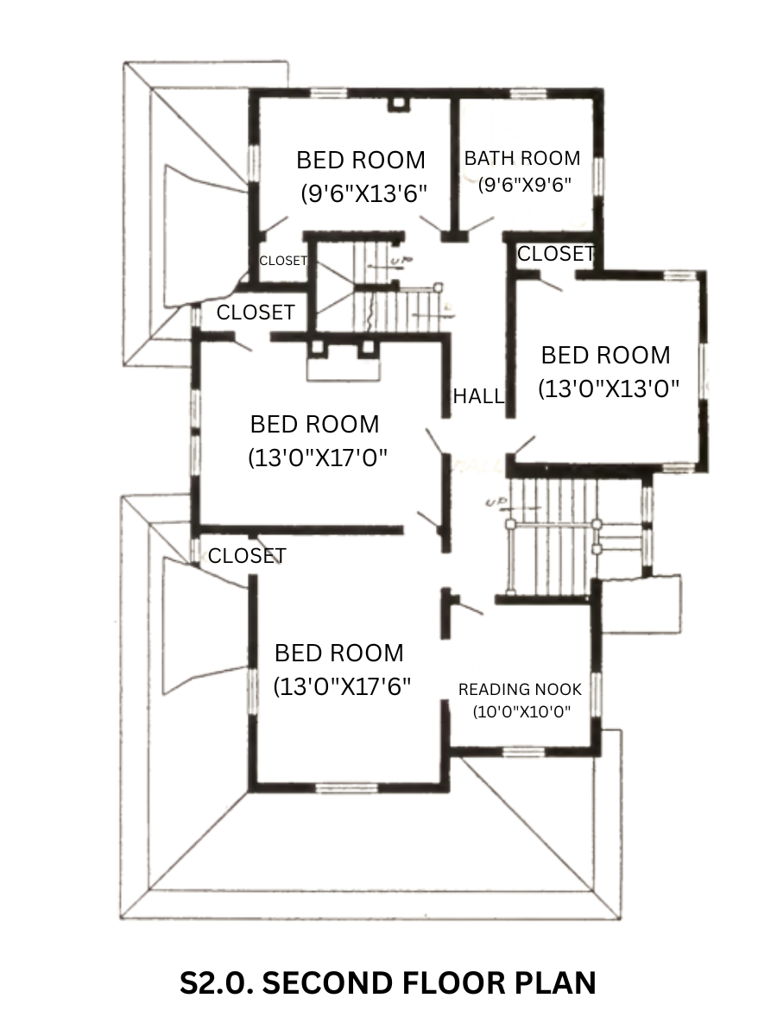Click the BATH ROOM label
pyautogui.click(x=522, y=159)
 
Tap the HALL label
pyautogui.click(x=478, y=396)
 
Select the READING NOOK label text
pyautogui.click(x=520, y=689)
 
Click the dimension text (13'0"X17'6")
pyautogui.click(x=342, y=686)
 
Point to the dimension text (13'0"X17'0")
pyautogui.click(x=318, y=458)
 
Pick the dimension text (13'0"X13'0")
pyautogui.click(x=609, y=388)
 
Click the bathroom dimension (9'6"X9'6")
pyautogui.click(x=525, y=184)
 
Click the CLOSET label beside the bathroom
pyautogui.click(x=556, y=254)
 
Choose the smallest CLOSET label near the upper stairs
pyautogui.click(x=283, y=261)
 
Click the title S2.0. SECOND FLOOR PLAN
pyautogui.click(x=388, y=983)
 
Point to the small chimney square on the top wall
pyautogui.click(x=398, y=103)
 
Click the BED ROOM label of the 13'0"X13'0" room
pyautogui.click(x=605, y=355)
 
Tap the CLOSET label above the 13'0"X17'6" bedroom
pyautogui.click(x=247, y=556)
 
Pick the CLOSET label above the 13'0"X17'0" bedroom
pyautogui.click(x=256, y=313)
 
